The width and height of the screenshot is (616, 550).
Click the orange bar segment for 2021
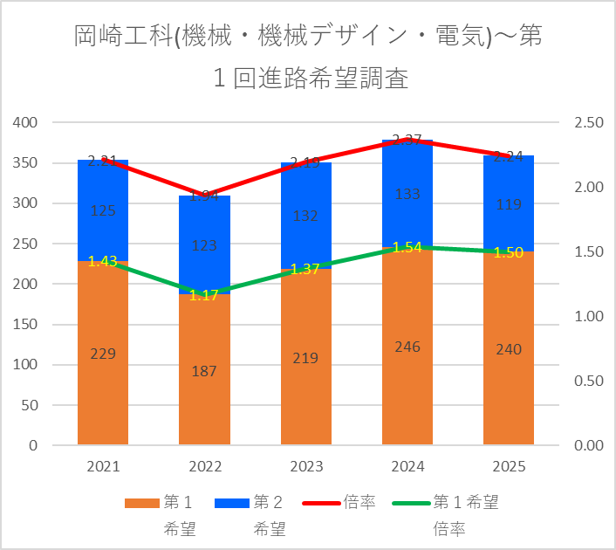click(103, 384)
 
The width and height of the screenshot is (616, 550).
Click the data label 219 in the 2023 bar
click(305, 358)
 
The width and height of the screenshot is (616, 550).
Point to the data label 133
click(407, 194)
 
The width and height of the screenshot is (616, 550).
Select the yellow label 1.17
click(204, 295)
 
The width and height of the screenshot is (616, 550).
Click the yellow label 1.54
click(407, 248)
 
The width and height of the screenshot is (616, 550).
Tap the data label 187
click(204, 370)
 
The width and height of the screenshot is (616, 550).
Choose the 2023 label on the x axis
click(305, 467)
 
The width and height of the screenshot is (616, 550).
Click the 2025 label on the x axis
click(509, 467)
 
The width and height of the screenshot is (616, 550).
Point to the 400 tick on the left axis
click(26, 122)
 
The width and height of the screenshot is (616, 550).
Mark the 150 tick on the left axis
click(26, 325)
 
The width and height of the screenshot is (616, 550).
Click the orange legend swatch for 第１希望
click(141, 503)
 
